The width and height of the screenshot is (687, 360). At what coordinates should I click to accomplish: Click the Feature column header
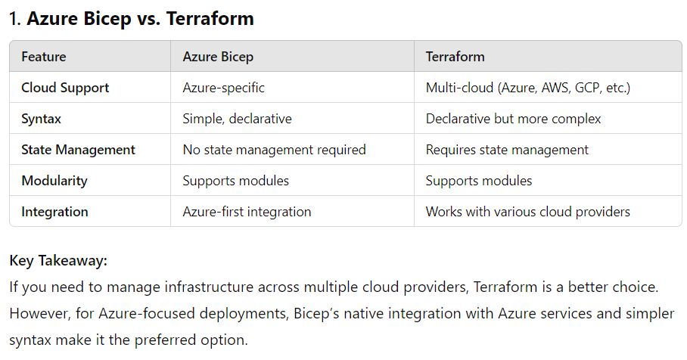(44, 57)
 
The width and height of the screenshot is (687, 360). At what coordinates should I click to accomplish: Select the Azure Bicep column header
(218, 57)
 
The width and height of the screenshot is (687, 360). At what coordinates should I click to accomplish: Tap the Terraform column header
(455, 57)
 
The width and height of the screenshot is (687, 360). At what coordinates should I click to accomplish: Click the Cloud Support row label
(65, 88)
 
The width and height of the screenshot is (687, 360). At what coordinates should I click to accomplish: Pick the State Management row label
(78, 150)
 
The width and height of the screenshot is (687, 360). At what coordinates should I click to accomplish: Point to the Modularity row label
(54, 181)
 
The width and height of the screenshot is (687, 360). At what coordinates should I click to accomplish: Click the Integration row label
(54, 212)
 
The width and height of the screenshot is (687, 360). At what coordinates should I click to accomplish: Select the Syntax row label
(42, 119)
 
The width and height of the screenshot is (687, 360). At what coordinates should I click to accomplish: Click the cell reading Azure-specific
(224, 88)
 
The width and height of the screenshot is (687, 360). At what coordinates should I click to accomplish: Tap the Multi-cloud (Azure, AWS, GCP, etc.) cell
(528, 88)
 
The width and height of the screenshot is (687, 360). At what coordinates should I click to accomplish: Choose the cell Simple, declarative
(238, 119)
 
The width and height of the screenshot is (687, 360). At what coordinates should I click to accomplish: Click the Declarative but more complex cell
(514, 119)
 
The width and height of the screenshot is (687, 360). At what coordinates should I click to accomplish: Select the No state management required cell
(275, 150)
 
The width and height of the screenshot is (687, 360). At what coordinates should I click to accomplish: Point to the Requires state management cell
(507, 150)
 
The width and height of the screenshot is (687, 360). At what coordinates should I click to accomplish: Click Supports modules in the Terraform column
(479, 181)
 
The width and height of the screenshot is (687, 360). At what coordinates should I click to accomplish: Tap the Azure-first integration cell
(247, 212)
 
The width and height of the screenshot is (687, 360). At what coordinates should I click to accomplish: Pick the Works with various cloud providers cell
(528, 212)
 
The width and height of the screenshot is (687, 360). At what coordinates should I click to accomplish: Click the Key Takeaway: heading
(58, 261)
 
